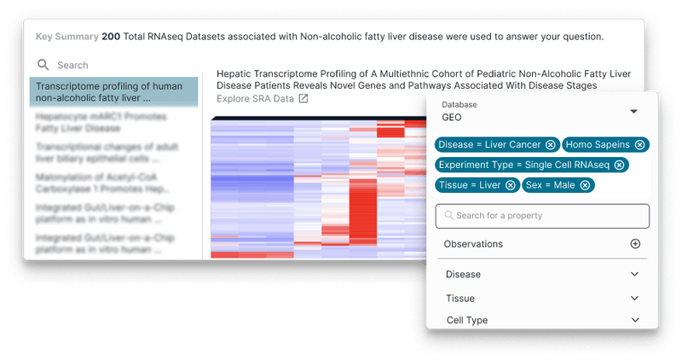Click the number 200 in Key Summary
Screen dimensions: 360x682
tap(111, 37)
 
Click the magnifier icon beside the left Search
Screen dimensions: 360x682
tap(43, 65)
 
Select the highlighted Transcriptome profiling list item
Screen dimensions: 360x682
tap(113, 91)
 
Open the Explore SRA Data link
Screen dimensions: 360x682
tap(255, 99)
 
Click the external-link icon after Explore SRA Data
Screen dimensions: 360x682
tap(303, 99)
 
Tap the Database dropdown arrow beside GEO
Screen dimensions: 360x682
tap(633, 111)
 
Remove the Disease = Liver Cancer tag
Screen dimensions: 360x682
tap(551, 144)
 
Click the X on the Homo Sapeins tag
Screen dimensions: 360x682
tap(640, 144)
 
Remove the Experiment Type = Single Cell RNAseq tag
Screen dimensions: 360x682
tap(620, 165)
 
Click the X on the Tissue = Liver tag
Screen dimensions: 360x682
tap(511, 184)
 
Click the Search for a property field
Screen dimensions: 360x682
tap(542, 216)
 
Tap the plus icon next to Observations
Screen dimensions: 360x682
tap(635, 244)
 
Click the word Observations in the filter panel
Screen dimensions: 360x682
tap(473, 244)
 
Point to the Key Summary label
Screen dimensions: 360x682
tap(66, 37)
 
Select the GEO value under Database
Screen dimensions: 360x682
tap(452, 117)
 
